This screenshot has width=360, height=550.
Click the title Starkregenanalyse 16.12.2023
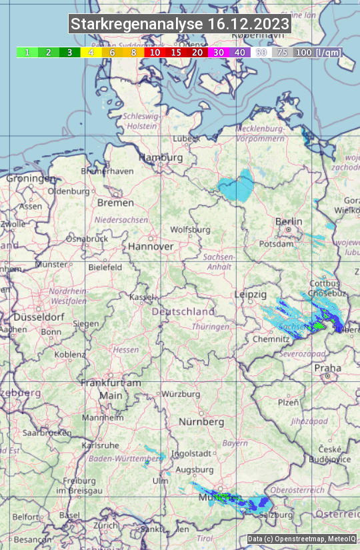point(180,25)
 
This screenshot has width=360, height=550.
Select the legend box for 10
point(155,52)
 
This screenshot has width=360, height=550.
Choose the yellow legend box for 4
point(91,52)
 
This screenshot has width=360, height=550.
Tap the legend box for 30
point(219,52)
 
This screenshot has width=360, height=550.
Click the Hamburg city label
point(161,158)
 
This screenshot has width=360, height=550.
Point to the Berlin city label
point(288,222)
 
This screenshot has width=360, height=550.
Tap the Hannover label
point(151,246)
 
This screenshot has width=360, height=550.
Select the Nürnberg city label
point(201,422)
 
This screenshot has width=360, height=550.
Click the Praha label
point(327,367)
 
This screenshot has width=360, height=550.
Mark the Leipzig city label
point(251,294)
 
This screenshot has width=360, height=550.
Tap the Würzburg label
point(181,394)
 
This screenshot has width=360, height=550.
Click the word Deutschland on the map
point(183,311)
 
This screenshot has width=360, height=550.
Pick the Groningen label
point(31,179)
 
